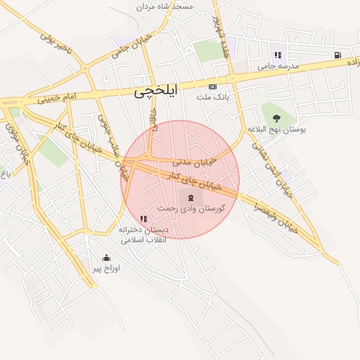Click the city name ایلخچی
[x=156, y=91]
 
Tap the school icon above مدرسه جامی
[x=278, y=55]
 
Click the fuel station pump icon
[x=339, y=55]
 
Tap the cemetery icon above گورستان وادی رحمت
[x=191, y=198]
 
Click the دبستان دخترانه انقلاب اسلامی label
[x=144, y=234]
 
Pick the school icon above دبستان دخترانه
[x=144, y=219]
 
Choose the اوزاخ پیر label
[x=107, y=269]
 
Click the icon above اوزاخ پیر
[x=106, y=257]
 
